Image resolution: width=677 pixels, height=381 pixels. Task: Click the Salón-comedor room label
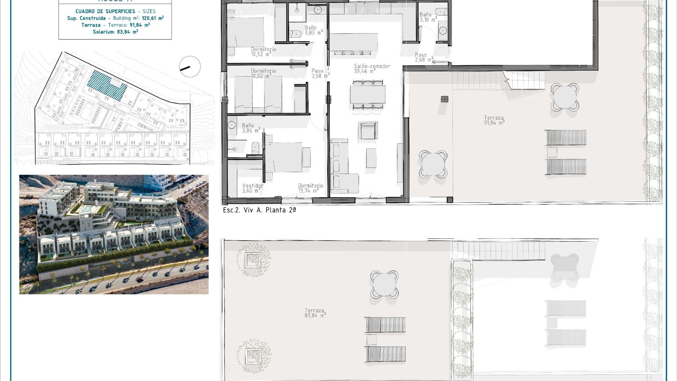372,66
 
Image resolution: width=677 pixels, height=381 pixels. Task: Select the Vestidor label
252,186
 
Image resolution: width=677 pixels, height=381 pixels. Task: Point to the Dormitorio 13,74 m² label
310,188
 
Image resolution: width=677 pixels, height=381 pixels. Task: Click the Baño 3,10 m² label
428,17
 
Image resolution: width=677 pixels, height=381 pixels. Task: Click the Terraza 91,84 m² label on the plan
494,120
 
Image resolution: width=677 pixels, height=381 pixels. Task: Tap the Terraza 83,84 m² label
315,313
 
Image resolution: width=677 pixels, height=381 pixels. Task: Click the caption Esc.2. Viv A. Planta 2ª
259,210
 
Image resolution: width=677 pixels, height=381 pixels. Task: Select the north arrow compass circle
190,67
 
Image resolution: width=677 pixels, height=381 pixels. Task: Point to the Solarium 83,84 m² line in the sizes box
115,32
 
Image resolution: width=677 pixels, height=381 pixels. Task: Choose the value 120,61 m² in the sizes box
153,18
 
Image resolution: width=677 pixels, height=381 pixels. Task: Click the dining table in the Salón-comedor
367,94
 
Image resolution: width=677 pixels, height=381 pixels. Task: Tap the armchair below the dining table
368,131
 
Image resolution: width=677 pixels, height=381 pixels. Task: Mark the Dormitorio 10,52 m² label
263,52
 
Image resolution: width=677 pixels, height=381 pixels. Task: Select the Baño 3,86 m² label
251,128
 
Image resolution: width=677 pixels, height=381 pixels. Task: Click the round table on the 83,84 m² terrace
384,284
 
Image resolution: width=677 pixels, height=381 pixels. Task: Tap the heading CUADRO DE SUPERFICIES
105,11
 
